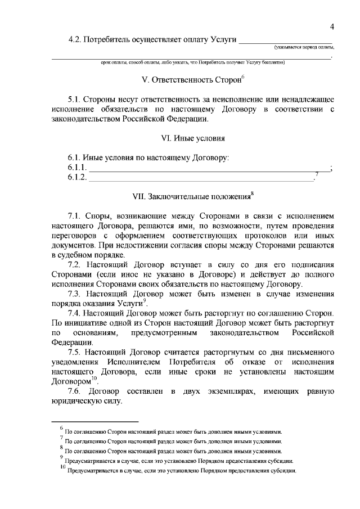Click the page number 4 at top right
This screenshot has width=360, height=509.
(332, 26)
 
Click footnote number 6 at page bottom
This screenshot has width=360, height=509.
(61, 429)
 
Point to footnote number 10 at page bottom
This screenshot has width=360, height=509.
(62, 468)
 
